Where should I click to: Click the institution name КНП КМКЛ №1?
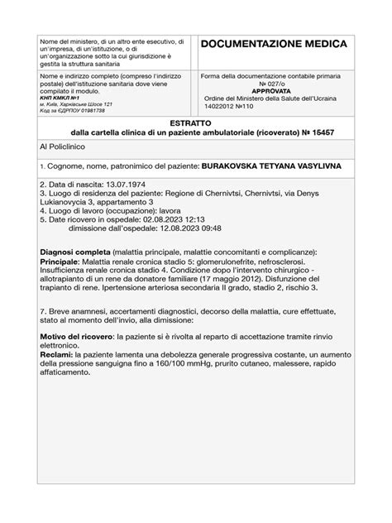click(x=60, y=97)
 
